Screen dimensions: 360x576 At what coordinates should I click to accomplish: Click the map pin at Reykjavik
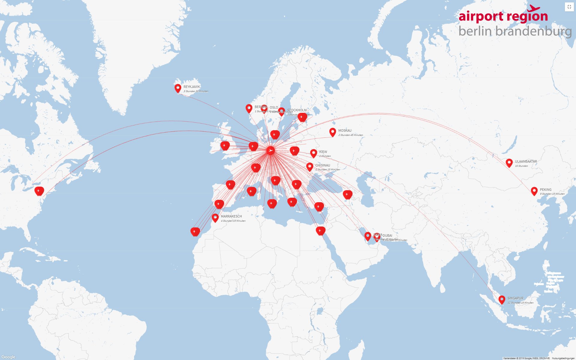(x=178, y=88)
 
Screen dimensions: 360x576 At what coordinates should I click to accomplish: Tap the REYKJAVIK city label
(x=192, y=87)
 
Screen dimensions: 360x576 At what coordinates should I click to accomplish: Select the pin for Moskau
(x=332, y=132)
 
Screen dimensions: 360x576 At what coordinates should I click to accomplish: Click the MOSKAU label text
(x=345, y=130)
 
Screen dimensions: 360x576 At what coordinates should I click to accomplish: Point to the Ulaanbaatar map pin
(x=509, y=163)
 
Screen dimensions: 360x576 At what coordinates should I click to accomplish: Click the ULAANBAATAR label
(x=526, y=161)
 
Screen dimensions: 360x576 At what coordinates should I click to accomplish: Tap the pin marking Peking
(x=534, y=191)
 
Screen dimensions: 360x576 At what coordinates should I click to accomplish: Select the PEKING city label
(x=546, y=190)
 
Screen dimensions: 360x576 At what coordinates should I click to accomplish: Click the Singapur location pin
(x=502, y=299)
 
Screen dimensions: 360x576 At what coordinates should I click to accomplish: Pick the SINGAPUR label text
(x=515, y=298)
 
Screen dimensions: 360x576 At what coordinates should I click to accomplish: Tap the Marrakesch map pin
(x=215, y=217)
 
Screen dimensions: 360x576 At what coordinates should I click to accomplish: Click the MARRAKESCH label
(x=231, y=216)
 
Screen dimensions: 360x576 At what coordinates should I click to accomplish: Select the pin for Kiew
(x=313, y=153)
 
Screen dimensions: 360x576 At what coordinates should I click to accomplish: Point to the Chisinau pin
(x=310, y=166)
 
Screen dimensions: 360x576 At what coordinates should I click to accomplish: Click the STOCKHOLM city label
(x=297, y=110)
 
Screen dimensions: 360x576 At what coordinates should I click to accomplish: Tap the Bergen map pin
(x=249, y=108)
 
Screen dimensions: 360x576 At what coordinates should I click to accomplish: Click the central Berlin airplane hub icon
(x=270, y=150)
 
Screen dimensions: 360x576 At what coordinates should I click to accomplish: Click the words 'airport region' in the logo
(x=503, y=16)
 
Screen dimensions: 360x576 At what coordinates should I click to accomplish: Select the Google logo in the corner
(x=8, y=357)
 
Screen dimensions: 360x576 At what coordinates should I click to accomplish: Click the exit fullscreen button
(x=569, y=7)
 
